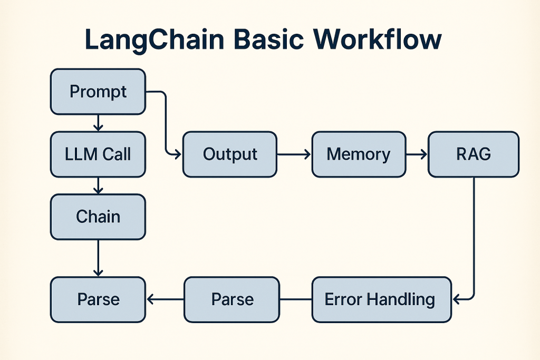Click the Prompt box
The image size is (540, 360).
click(98, 92)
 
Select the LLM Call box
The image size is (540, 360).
click(98, 154)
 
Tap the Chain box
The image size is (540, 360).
click(98, 217)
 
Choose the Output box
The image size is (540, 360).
click(230, 154)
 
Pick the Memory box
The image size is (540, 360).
click(359, 154)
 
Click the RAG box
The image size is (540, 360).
click(474, 154)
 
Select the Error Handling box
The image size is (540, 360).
click(381, 299)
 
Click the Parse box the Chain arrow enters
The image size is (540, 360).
click(98, 299)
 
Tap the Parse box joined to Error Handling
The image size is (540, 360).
click(232, 299)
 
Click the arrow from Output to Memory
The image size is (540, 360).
click(294, 154)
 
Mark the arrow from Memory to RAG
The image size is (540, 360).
click(417, 154)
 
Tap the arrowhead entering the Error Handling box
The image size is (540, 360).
click(456, 299)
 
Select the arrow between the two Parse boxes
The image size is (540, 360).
click(165, 299)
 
